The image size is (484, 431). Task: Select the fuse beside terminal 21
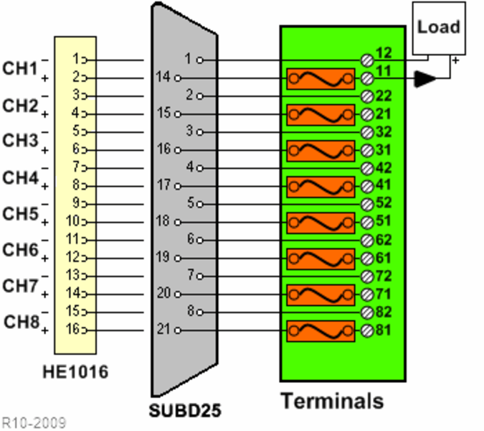pyautogui.click(x=321, y=114)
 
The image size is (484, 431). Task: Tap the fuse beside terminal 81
pyautogui.click(x=321, y=331)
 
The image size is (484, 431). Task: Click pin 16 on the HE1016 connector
pyautogui.click(x=75, y=330)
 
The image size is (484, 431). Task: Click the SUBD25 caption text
pyautogui.click(x=185, y=411)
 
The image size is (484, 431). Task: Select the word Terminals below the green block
pyautogui.click(x=331, y=400)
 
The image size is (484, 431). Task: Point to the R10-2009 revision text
pyautogui.click(x=34, y=421)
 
